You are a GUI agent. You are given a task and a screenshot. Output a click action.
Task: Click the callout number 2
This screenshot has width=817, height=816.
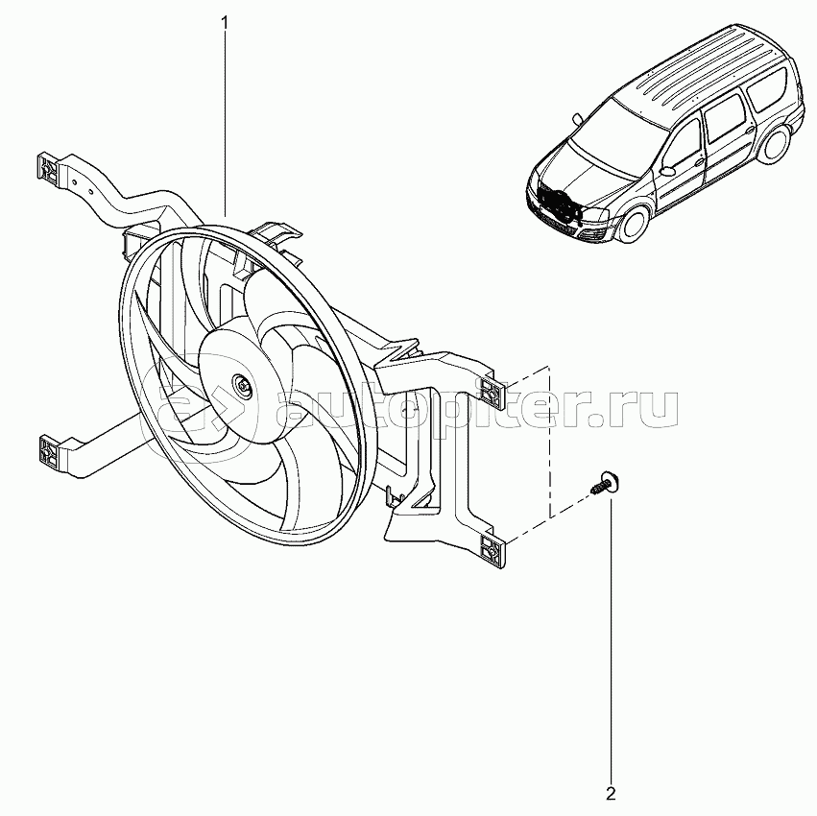611,793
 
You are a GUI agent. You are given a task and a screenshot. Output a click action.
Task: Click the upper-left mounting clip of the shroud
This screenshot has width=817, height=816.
47,168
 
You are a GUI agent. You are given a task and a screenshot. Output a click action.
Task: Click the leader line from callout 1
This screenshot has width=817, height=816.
226,115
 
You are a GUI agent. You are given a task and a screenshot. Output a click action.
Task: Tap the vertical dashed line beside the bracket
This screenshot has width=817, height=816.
549,442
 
